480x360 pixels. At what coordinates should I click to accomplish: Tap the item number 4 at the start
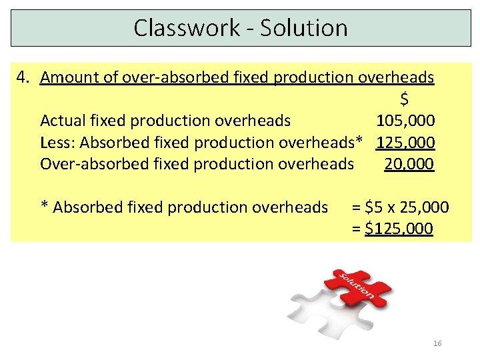[23, 77]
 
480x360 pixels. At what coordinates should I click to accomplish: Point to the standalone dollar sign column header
[405, 99]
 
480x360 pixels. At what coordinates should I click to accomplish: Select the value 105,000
[405, 121]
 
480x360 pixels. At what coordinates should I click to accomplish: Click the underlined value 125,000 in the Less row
[405, 142]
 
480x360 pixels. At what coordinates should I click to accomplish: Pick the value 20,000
[409, 164]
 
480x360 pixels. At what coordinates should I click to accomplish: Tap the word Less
[56, 142]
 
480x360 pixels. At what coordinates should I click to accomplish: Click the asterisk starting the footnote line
[45, 206]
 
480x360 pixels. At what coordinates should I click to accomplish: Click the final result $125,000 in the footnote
[399, 229]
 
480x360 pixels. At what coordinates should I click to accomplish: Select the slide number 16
[437, 343]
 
